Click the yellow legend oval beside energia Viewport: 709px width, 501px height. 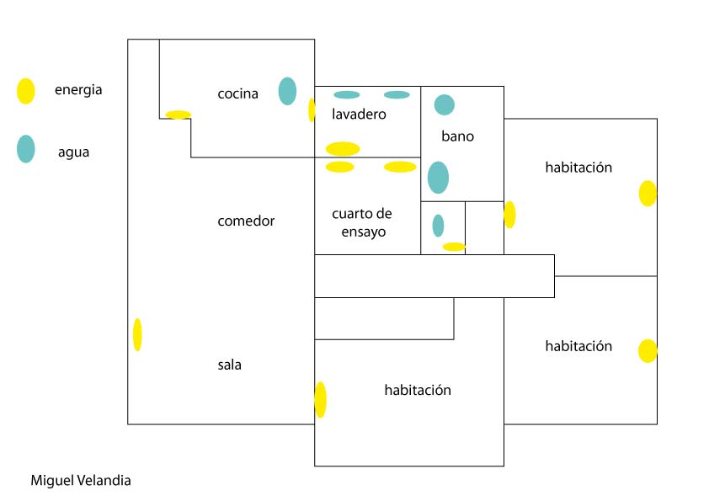coord(26,91)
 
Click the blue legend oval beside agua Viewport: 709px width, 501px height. coord(26,149)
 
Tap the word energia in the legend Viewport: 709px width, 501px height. coord(78,90)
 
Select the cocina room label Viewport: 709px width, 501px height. coord(237,93)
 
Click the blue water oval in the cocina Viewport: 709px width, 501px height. coord(287,91)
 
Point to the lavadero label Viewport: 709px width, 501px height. coord(359,114)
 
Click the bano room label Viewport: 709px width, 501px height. coord(457,136)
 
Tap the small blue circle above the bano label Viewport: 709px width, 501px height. coord(445,104)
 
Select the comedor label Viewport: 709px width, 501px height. coord(246,221)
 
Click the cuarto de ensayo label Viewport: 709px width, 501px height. coord(362,222)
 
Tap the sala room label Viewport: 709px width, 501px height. coord(229,365)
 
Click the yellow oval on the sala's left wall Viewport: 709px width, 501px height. coord(137,334)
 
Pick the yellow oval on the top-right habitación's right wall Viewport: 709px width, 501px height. coord(648,193)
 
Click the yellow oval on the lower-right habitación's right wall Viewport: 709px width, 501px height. coord(648,350)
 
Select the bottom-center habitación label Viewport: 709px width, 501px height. coord(418,390)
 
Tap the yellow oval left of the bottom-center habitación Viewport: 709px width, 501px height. coord(320,399)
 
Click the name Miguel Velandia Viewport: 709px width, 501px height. coord(81,481)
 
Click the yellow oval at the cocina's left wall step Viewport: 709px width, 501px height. coord(178,115)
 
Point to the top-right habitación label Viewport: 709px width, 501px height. coord(578,168)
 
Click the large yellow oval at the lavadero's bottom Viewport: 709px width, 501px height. coord(343,149)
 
